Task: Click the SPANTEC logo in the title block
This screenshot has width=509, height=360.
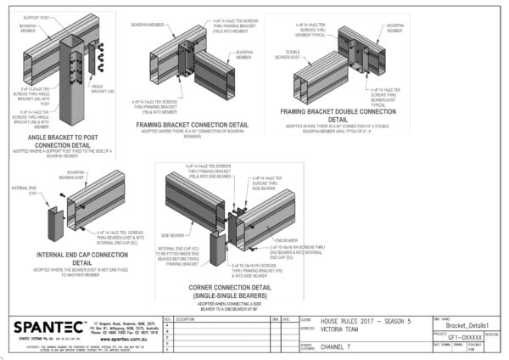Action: (x=43, y=327)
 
